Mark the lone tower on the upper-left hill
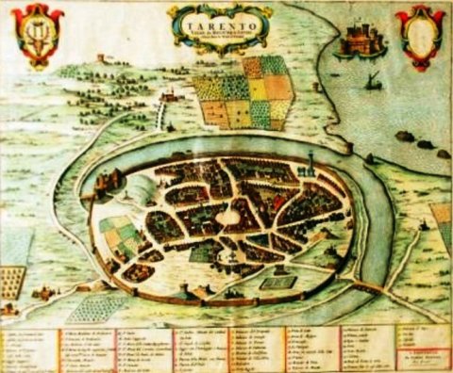pos(101,59)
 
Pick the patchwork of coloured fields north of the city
pos(243,92)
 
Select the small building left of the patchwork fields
pos(170,95)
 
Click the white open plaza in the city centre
pos(229,217)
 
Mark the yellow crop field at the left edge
pos(10,279)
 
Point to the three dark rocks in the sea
pos(426,144)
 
